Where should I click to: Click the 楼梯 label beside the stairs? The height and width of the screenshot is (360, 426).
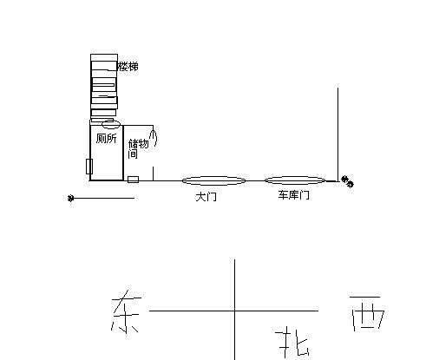(128, 67)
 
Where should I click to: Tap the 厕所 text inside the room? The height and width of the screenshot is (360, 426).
(107, 139)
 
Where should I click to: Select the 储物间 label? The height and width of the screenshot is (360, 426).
(138, 148)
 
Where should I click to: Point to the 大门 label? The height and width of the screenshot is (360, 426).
(206, 197)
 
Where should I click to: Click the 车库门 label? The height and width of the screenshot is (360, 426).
(293, 195)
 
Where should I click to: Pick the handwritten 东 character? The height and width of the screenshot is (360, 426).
(126, 311)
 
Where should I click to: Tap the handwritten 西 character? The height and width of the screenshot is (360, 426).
(368, 313)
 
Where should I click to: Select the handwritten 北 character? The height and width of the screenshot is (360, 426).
(293, 342)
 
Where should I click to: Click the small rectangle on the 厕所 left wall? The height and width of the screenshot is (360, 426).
(89, 167)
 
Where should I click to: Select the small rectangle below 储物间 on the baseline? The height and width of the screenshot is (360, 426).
(133, 180)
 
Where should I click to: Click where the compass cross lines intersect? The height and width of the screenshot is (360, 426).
(234, 311)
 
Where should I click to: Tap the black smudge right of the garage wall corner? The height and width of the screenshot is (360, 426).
(347, 181)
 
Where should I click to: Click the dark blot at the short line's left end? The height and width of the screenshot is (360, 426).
(70, 198)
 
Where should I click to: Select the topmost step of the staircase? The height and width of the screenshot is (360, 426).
(104, 57)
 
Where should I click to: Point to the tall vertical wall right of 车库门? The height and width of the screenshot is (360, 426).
(338, 133)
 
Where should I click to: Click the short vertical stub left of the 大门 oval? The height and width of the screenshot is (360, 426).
(153, 173)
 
